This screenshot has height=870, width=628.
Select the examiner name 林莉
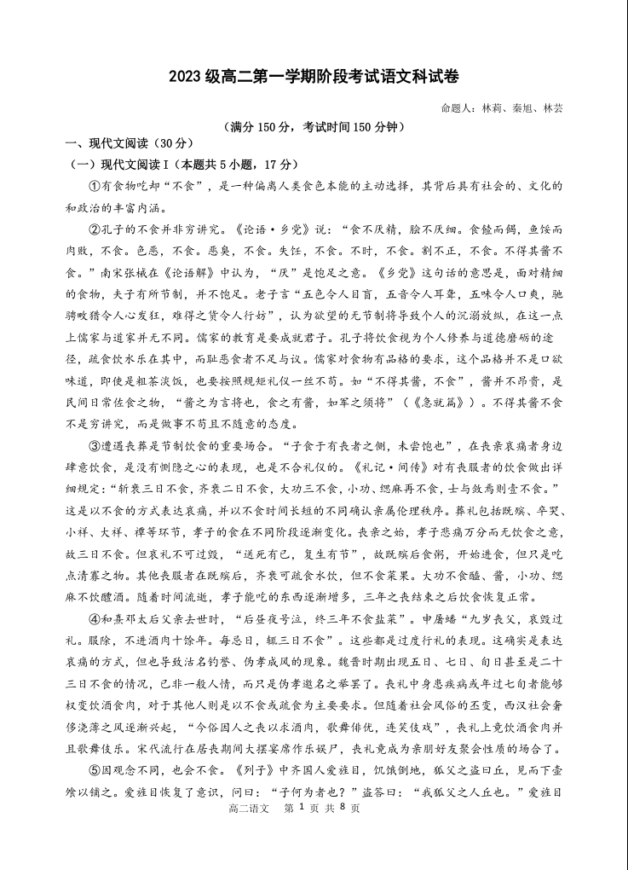tap(492, 109)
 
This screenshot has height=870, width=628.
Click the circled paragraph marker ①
tap(95, 186)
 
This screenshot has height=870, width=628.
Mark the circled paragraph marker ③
tap(95, 445)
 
